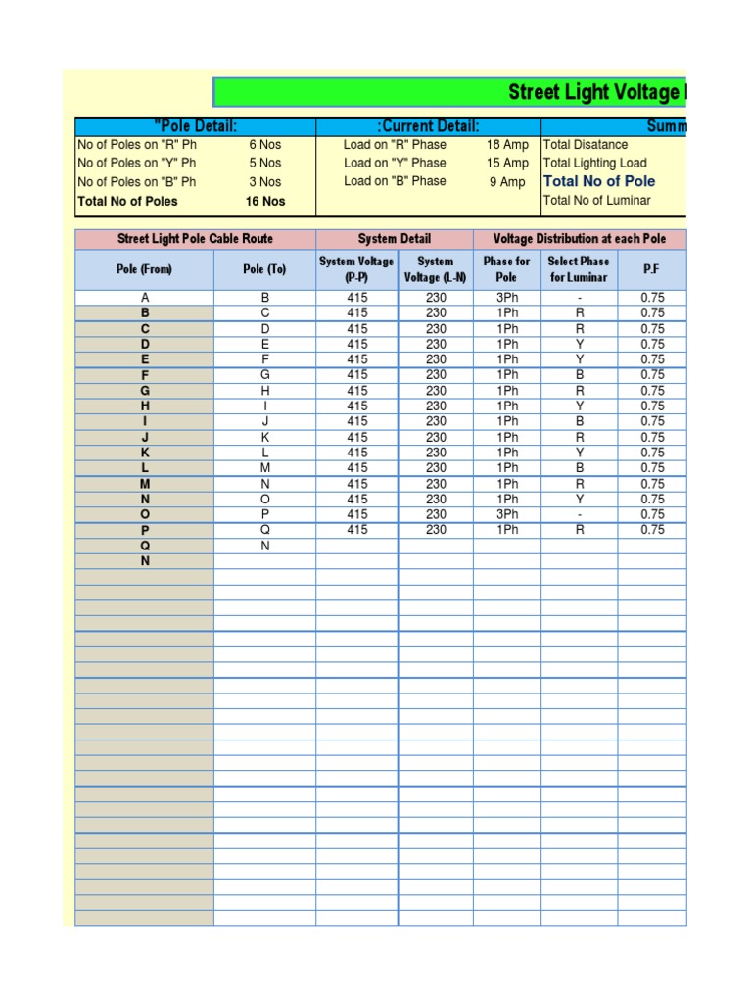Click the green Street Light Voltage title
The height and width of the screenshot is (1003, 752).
592,93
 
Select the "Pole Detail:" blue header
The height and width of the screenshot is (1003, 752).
196,126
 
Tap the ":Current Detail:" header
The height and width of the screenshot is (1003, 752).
428,126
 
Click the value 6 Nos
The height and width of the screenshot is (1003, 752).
264,144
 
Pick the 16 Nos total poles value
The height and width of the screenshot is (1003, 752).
264,201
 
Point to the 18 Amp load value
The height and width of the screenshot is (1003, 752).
507,144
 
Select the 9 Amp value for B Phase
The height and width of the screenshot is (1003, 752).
507,181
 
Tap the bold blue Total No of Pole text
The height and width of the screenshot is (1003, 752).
599,181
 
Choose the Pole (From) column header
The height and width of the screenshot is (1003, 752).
144,269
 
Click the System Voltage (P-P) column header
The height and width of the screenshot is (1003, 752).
356,269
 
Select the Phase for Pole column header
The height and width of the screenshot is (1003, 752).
506,269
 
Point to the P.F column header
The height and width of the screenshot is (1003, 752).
651,269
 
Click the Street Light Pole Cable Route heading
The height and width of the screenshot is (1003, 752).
195,239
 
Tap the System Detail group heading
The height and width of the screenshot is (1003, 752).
395,239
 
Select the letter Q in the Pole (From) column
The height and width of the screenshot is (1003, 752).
145,546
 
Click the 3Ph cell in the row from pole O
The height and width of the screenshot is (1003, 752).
507,514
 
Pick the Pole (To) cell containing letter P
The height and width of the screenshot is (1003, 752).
264,514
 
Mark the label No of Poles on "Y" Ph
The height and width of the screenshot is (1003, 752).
136,163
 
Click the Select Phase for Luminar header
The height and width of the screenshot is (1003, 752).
578,269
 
